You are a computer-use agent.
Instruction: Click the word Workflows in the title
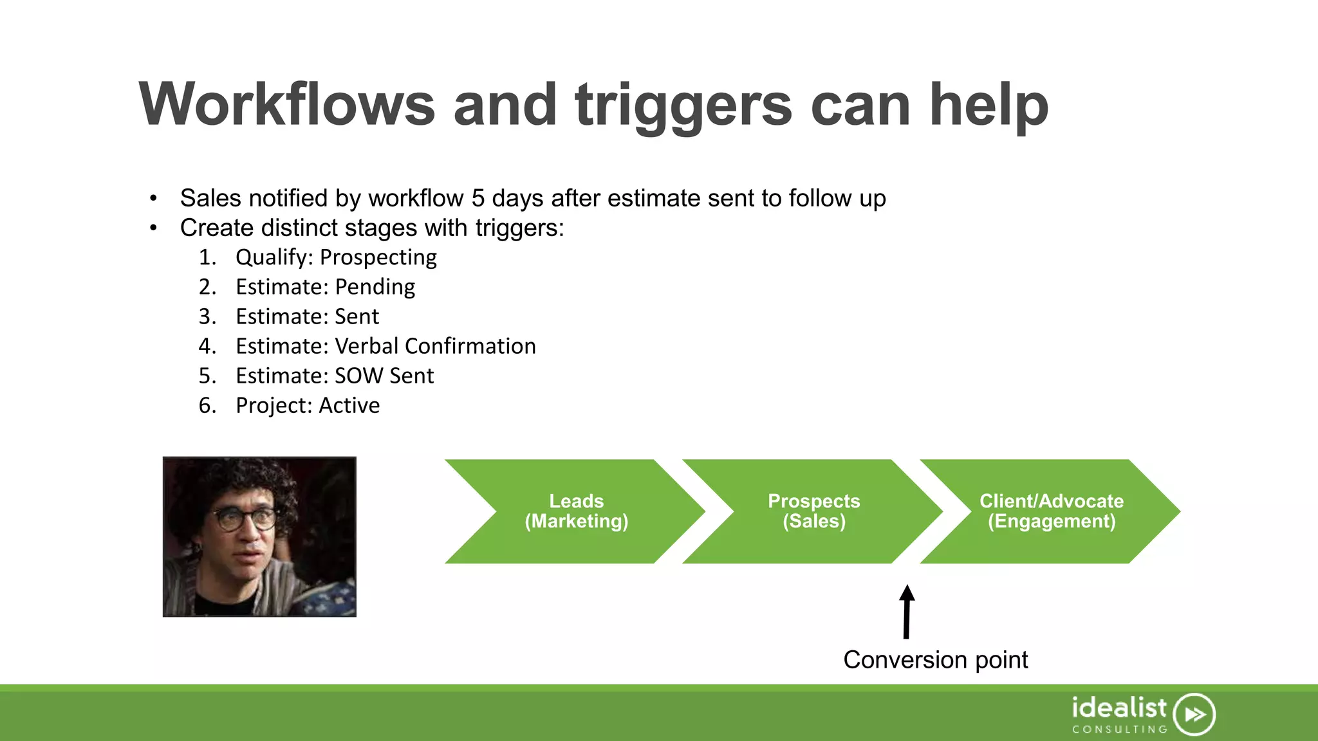coord(287,105)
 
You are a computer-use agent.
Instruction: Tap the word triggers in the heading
coord(683,105)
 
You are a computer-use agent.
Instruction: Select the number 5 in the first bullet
coord(478,198)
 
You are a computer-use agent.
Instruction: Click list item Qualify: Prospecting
coord(336,257)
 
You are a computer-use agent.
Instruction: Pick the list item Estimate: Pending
coord(325,287)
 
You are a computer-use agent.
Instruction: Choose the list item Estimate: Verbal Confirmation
coord(385,346)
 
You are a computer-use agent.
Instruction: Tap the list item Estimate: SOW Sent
coord(335,376)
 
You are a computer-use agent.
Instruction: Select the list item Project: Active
coord(308,405)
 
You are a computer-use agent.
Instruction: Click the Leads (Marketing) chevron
coord(576,511)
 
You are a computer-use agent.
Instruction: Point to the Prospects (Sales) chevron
coord(813,511)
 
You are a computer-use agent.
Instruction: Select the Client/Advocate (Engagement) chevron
coord(1051,511)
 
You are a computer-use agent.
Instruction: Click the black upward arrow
coord(907,611)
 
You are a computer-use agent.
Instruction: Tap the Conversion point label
coord(935,660)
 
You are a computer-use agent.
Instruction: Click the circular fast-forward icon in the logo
coord(1194,714)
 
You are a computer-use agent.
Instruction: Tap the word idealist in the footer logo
coord(1118,708)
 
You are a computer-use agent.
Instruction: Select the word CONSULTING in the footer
coord(1120,729)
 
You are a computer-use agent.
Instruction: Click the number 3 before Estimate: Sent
coord(206,316)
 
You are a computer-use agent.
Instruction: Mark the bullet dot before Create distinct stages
coord(153,228)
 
